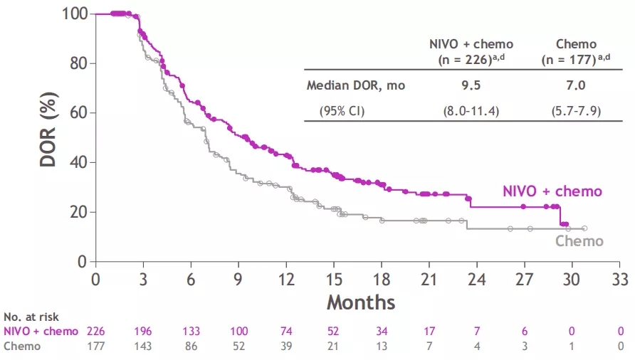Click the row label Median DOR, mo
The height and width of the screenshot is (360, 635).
(356, 85)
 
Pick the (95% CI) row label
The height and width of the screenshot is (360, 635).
(345, 110)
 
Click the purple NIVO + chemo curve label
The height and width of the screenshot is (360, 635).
(552, 191)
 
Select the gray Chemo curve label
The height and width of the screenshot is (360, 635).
(579, 241)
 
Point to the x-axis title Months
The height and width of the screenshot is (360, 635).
(361, 302)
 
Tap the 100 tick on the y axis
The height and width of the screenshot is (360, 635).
(75, 14)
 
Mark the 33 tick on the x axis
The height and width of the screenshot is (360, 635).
(621, 277)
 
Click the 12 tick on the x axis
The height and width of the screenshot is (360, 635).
(286, 277)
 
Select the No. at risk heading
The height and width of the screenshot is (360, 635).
(31, 317)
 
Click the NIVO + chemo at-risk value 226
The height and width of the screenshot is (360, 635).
(96, 332)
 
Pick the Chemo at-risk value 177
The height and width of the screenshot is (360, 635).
(96, 346)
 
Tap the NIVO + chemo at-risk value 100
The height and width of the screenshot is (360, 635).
(238, 332)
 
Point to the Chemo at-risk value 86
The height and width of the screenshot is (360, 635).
(191, 346)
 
